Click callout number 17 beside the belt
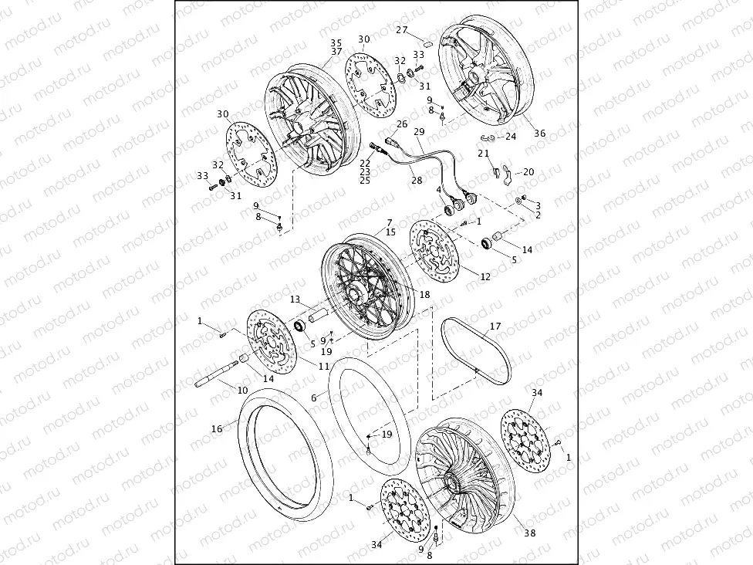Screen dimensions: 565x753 tap(495, 326)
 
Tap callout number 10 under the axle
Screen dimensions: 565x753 tap(242, 391)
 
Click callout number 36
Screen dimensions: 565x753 tap(540, 134)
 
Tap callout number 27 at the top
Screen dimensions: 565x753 tap(402, 30)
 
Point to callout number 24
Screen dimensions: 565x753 tap(511, 137)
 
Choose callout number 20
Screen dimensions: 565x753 tap(528, 172)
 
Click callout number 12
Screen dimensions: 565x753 tap(485, 276)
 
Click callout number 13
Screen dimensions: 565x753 tap(295, 299)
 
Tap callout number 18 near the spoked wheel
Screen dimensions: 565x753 tap(424, 295)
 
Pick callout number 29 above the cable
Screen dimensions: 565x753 tap(419, 132)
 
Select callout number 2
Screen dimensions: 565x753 tap(538, 215)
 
